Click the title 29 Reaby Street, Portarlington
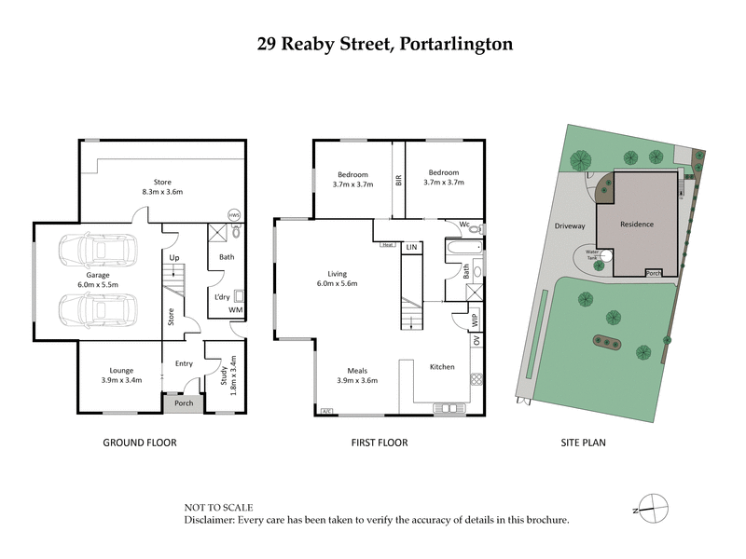click(372, 43)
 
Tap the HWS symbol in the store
click(234, 213)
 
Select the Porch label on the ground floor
click(184, 402)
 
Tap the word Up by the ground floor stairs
click(174, 257)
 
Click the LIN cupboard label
click(412, 247)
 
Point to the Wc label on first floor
click(463, 225)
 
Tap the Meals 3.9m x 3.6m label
click(356, 375)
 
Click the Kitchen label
click(442, 367)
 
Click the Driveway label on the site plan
click(569, 225)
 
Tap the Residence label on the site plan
click(638, 225)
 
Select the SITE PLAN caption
click(584, 443)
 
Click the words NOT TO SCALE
click(220, 507)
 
